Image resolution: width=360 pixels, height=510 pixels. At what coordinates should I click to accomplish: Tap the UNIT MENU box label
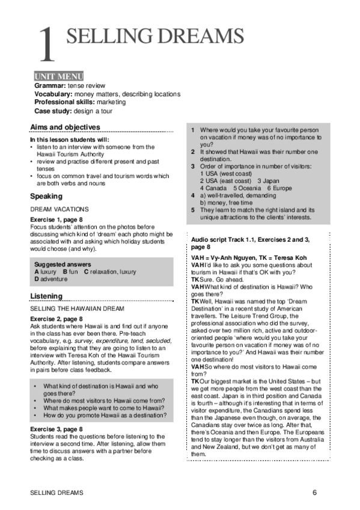pos(58,76)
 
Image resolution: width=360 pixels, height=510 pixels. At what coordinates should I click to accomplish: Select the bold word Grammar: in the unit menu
pos(50,86)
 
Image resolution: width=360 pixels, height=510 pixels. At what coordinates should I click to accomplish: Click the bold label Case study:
pos(53,111)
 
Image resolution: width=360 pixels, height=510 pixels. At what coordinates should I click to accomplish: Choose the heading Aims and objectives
pos(65,127)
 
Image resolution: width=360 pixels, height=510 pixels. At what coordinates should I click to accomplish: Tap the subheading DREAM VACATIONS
pos(58,209)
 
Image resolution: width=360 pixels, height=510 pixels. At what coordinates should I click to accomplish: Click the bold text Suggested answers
pos(63,264)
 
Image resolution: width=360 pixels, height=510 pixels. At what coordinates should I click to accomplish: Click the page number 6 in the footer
pos(314,493)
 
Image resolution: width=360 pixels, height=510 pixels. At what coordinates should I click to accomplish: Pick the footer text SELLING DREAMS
pos(56,493)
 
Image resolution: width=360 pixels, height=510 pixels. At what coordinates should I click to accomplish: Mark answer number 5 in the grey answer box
pos(193,210)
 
